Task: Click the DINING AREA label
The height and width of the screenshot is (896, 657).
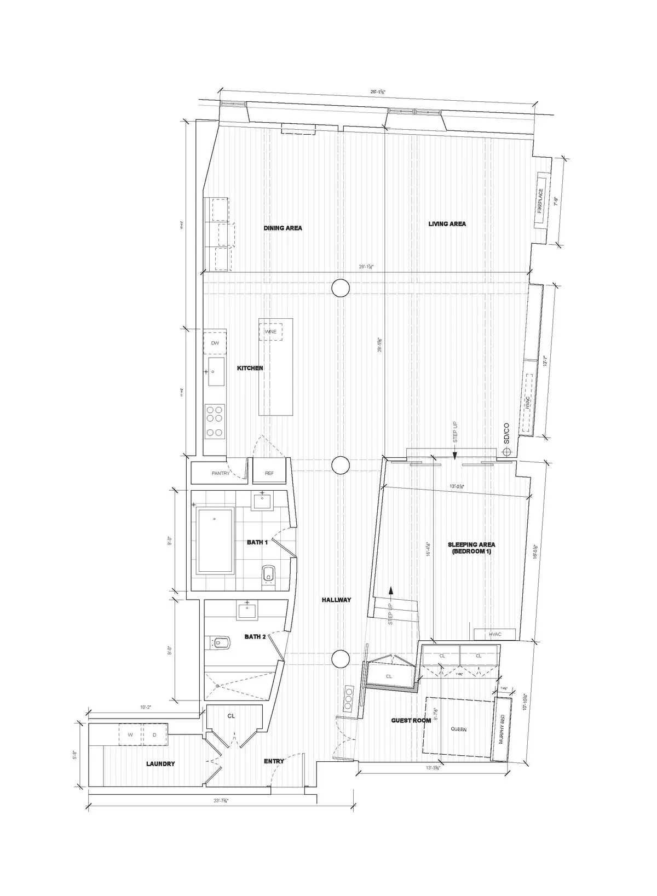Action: (283, 228)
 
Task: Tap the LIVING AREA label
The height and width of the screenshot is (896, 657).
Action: (447, 223)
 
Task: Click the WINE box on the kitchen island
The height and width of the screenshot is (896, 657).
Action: (270, 332)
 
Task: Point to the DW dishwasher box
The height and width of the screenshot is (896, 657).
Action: (215, 343)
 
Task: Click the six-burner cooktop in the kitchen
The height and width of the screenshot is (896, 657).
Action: (215, 421)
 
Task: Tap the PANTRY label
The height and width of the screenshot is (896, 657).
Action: (221, 473)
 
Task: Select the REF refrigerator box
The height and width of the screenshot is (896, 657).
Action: (269, 473)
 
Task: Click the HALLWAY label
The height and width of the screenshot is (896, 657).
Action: (336, 600)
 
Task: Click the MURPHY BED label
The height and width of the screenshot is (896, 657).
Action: (501, 730)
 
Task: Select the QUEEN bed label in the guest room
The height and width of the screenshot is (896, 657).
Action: (458, 730)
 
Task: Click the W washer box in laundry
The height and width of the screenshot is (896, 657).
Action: (130, 735)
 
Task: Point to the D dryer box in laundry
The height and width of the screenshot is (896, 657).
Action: (154, 735)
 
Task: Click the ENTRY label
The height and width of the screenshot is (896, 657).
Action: (274, 761)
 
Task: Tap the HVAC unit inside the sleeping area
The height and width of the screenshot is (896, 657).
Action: (494, 634)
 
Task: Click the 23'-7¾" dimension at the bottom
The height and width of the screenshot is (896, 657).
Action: (221, 800)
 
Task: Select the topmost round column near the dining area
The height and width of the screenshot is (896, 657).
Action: (341, 287)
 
